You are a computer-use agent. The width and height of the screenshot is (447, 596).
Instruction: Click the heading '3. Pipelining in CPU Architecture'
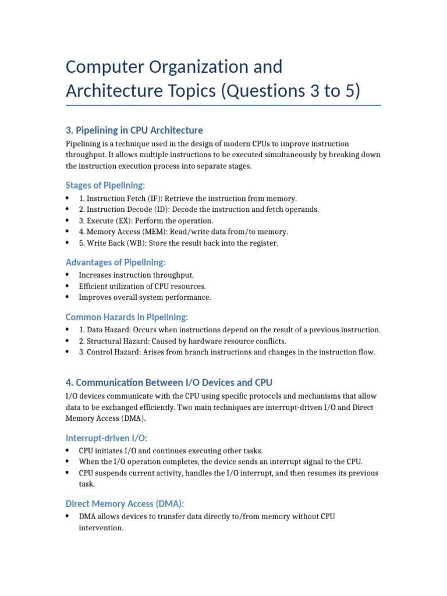coord(134,130)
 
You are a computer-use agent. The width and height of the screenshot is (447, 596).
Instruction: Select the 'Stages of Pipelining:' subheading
coord(105,185)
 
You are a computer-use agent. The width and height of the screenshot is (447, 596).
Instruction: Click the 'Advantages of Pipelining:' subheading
coord(115,262)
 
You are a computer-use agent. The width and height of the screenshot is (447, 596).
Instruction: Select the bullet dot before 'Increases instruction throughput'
coord(68,275)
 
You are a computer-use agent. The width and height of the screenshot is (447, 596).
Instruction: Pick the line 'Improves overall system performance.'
coord(145,297)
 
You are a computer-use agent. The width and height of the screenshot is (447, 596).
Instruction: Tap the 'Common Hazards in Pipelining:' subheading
coord(126,317)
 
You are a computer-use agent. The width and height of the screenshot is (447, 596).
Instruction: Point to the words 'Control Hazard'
coord(109,352)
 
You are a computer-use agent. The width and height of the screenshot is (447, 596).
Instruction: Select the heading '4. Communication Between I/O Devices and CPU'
coord(169,382)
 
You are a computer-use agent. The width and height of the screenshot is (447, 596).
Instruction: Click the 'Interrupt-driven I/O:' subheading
coord(110,438)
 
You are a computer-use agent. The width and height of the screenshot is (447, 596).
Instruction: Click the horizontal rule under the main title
coord(223,105)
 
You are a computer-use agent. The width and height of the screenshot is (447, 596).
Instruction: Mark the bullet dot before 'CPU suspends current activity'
coord(68,473)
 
